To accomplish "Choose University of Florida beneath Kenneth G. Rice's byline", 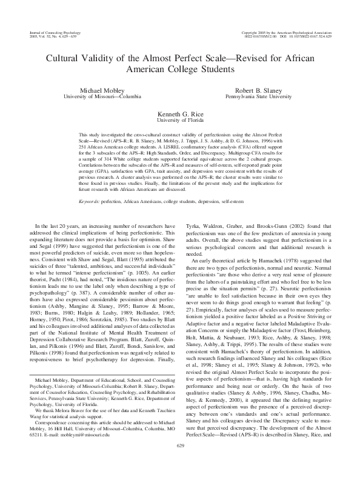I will coord(179,120).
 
